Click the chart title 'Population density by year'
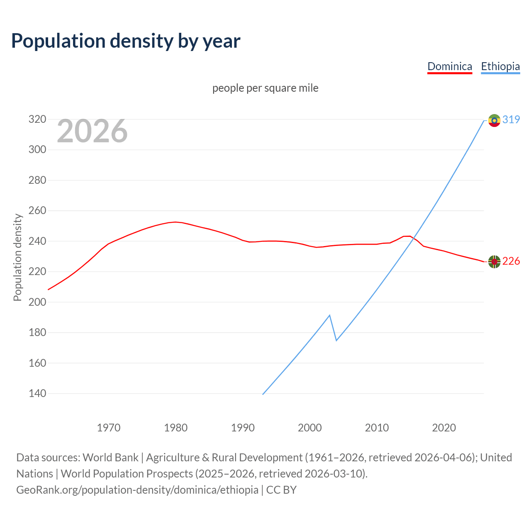click(126, 41)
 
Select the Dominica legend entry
click(450, 66)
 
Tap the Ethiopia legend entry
click(500, 66)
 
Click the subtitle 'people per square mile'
click(265, 88)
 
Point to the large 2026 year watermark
click(92, 131)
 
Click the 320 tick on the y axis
click(37, 119)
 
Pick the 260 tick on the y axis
click(37, 211)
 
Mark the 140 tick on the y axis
click(37, 393)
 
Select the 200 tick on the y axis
click(37, 302)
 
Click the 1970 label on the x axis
click(109, 428)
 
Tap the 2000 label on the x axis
click(310, 428)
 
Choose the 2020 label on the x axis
click(444, 428)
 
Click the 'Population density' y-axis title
click(17, 257)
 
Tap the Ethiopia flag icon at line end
click(494, 120)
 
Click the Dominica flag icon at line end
click(494, 261)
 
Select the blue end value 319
click(511, 119)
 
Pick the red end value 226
click(511, 261)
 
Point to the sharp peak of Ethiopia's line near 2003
click(329, 315)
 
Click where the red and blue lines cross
click(412, 238)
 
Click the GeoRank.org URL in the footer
click(137, 490)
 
